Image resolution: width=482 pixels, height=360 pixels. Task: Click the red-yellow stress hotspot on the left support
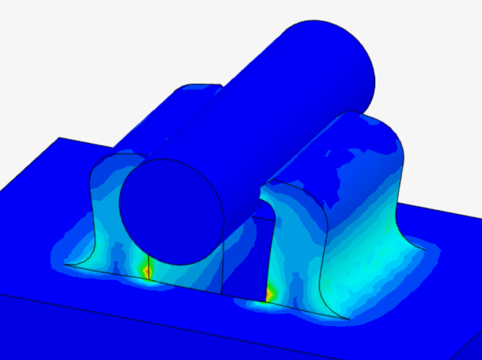click(147, 272)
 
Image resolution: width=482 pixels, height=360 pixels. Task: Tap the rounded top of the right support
click(372, 136)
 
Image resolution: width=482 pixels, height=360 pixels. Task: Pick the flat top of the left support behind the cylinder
click(188, 94)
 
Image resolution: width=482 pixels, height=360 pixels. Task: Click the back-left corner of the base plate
click(59, 138)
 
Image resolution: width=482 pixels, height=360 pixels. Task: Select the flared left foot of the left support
click(75, 259)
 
